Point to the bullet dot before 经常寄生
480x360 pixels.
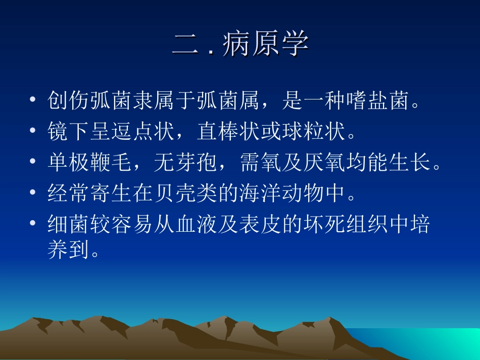[33, 193]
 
